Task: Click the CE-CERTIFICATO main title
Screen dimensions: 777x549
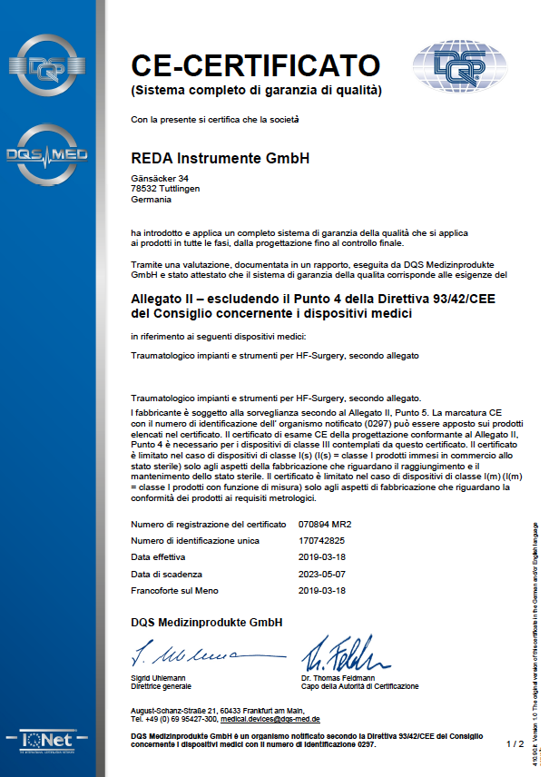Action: coord(254,65)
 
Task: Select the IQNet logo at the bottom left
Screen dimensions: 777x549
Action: coord(45,743)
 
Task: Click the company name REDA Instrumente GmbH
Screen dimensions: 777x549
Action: coord(221,158)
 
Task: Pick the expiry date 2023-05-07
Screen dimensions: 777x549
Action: coord(323,574)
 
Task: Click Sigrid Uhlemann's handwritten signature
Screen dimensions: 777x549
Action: coord(185,654)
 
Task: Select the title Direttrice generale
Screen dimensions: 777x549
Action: coord(162,686)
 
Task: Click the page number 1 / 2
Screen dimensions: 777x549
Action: coord(515,743)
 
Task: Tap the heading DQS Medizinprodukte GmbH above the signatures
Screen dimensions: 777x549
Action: coord(206,623)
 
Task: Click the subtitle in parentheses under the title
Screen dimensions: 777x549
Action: coord(256,90)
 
